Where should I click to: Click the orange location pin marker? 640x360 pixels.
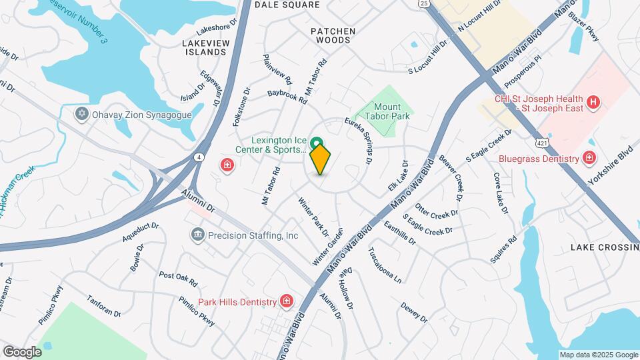320,159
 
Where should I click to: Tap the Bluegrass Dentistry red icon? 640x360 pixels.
589,158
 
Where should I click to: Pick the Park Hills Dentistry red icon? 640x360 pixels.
287,301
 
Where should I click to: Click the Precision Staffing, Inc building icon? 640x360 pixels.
197,235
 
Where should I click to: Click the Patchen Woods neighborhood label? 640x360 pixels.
333,35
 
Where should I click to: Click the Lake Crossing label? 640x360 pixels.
604,247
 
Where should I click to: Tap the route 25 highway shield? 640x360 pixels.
425,4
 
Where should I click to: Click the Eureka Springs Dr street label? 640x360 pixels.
359,141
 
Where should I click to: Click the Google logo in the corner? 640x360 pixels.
22,351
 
